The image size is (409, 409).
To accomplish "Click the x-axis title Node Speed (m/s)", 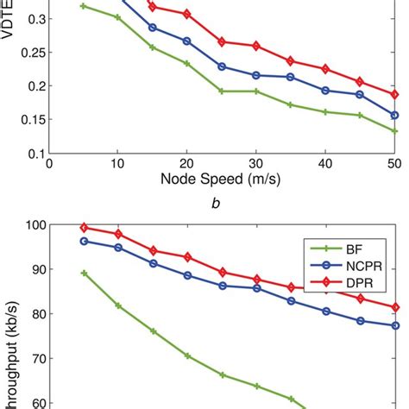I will [223, 182].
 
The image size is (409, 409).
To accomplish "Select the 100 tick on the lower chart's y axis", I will [32, 225].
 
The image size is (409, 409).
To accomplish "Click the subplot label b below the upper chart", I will [222, 202].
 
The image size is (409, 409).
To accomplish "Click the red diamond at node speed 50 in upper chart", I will [394, 94].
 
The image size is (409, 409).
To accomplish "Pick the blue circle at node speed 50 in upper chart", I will [394, 115].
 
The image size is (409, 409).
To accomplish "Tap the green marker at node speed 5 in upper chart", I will [84, 6].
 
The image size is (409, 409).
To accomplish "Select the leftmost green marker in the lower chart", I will [84, 273].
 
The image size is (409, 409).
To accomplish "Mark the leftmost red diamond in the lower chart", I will [84, 228].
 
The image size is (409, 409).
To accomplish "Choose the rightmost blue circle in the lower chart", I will [394, 325].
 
